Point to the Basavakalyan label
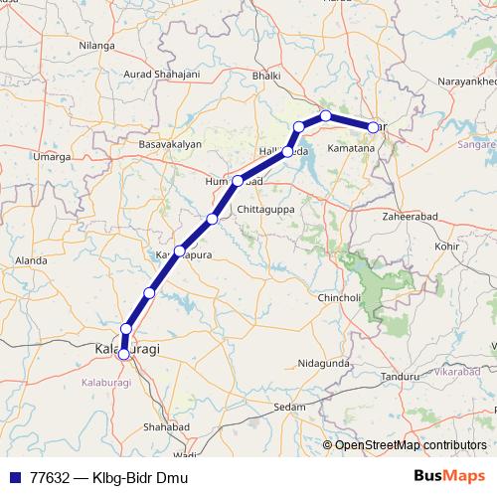(x=170, y=145)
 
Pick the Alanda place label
(x=31, y=260)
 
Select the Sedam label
(x=290, y=408)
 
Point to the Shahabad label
(x=165, y=425)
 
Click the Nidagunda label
(x=323, y=364)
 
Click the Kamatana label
(x=352, y=148)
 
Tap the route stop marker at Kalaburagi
(x=124, y=353)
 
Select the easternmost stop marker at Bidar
(x=374, y=127)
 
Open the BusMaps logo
(x=444, y=477)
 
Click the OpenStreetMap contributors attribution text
(x=411, y=445)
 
